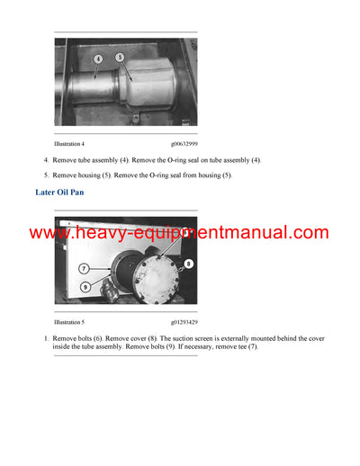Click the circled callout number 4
pyautogui.click(x=98, y=59)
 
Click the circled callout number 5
pyautogui.click(x=121, y=57)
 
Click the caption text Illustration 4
pyautogui.click(x=69, y=143)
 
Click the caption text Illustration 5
pyautogui.click(x=69, y=320)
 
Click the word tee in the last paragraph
pyautogui.click(x=238, y=346)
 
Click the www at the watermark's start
pyautogui.click(x=49, y=233)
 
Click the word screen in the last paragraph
pyautogui.click(x=184, y=338)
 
